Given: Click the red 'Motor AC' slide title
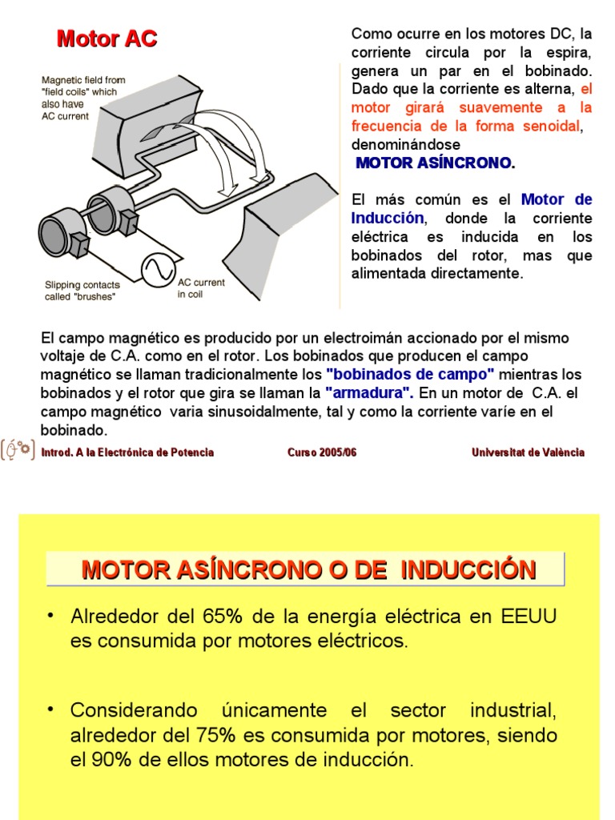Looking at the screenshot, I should click(x=106, y=38).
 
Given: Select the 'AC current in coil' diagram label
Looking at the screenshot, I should click(x=201, y=288).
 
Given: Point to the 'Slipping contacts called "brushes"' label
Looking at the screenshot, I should click(x=82, y=291).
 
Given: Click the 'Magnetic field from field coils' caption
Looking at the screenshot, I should click(x=82, y=98).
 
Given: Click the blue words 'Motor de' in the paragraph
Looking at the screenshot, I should click(x=557, y=199).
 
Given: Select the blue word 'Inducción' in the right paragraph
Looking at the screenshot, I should click(x=388, y=218).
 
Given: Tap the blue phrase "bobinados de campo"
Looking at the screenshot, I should click(x=410, y=375).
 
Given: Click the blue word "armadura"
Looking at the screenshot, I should click(x=369, y=393).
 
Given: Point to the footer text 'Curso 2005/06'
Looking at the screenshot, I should click(x=322, y=452).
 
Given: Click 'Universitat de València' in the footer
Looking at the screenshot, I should click(x=528, y=452).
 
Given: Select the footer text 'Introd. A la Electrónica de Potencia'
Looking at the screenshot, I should click(x=127, y=452).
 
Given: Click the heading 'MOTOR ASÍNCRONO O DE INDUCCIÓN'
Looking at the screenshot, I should click(x=308, y=569).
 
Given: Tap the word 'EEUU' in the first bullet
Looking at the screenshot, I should click(x=529, y=617).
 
